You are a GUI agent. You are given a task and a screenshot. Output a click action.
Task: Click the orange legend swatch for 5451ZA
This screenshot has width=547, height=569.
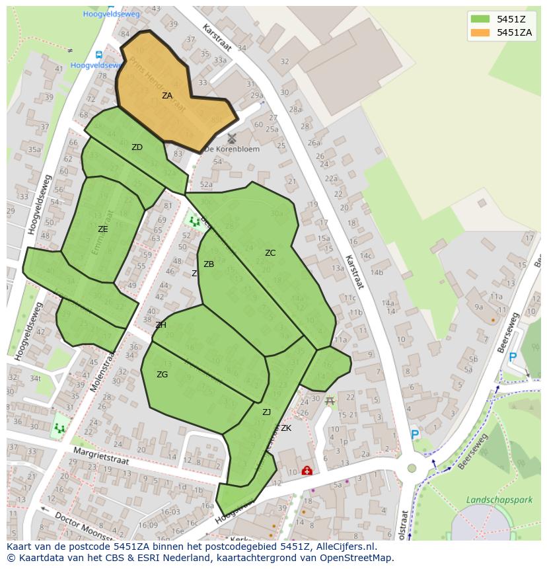coord(480,32)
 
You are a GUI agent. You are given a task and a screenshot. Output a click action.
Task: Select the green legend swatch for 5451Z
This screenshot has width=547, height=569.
coord(480,19)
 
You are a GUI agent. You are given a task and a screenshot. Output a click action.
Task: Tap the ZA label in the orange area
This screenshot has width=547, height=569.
coord(167,96)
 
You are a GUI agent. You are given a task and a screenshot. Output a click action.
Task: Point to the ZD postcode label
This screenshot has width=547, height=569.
coord(137,147)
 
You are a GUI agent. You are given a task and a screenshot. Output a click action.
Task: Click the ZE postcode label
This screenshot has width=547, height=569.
coord(102,229)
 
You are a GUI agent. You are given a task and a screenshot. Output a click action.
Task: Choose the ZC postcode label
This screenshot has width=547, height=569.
coord(270,253)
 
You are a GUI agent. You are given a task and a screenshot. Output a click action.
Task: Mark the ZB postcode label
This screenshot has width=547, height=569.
coord(209,264)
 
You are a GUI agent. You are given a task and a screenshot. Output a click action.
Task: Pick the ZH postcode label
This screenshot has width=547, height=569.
coord(161,325)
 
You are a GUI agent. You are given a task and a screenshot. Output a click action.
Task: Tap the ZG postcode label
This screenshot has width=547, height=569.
coord(162,375)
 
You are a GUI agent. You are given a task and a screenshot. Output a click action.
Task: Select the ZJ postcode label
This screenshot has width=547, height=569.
coord(266,412)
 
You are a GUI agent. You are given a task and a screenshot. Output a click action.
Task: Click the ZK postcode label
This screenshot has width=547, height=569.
coord(286,428)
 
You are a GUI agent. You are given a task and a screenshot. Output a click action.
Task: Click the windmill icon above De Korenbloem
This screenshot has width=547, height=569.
coord(231,138)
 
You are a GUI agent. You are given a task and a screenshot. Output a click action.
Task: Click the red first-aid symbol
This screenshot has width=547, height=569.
coord(307,471)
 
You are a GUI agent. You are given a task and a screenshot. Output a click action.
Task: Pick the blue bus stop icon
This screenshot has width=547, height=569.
coord(98,55)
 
